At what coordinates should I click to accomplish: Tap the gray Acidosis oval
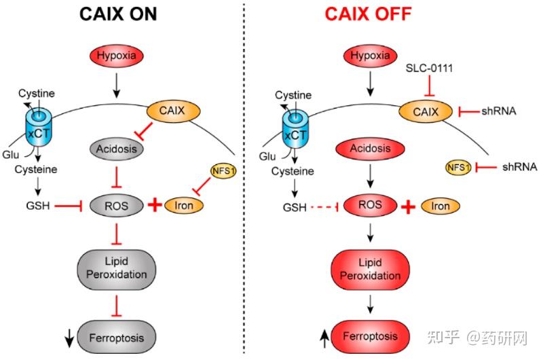pos(117,148)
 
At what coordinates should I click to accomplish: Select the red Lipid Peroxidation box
pos(370,268)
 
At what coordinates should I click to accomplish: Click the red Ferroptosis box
pos(371,336)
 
